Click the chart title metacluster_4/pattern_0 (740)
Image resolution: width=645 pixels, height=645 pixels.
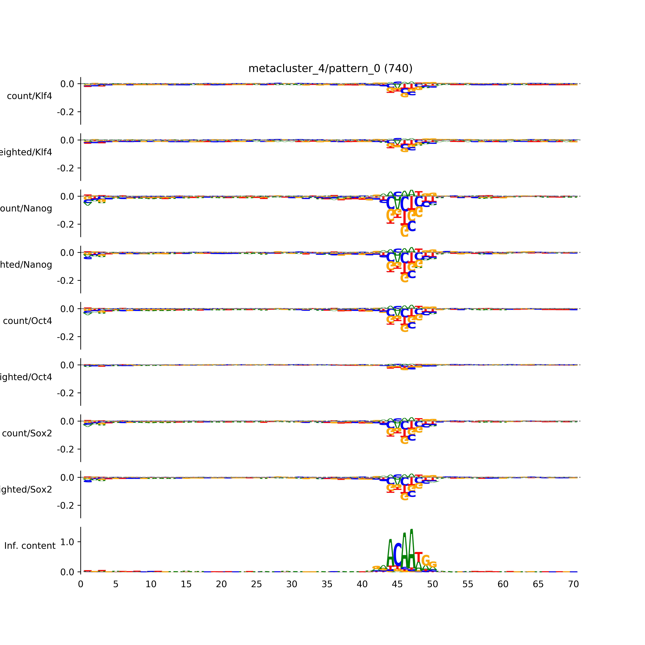[330, 68]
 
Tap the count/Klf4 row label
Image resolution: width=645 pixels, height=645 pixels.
[29, 96]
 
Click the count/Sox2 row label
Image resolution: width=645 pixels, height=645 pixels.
[27, 433]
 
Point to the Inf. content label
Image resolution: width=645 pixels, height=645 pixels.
[30, 546]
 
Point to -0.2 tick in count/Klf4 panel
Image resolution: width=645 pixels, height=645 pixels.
[65, 112]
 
